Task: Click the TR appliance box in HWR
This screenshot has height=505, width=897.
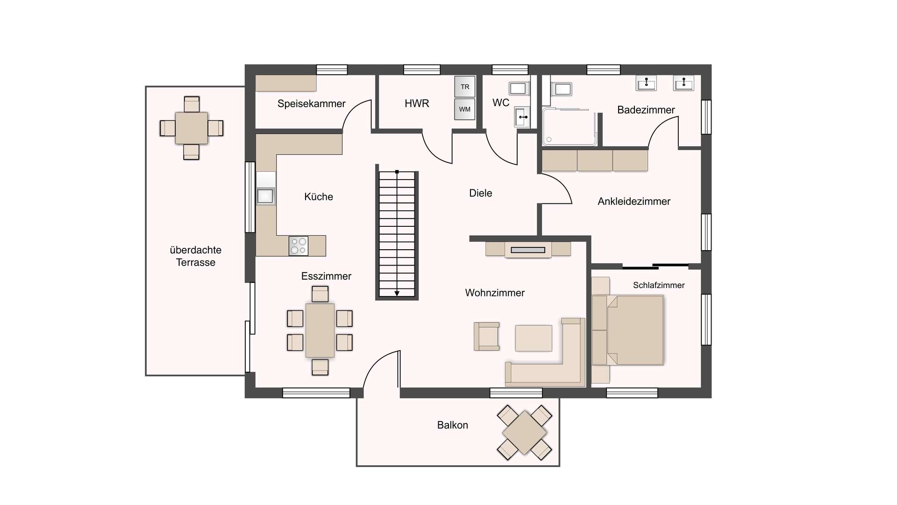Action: click(465, 87)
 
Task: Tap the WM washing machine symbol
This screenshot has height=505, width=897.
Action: click(465, 109)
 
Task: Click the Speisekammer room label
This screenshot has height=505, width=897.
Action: click(312, 104)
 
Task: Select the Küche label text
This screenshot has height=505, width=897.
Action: click(319, 196)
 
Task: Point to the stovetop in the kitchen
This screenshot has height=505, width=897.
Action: click(299, 246)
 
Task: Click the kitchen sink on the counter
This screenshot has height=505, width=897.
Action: click(265, 195)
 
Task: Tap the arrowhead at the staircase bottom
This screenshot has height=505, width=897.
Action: click(397, 293)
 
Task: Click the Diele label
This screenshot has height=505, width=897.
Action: click(481, 193)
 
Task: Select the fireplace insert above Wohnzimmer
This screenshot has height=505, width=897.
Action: click(528, 250)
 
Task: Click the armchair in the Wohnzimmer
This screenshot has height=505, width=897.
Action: click(487, 336)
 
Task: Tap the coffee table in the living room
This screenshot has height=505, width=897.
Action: click(534, 338)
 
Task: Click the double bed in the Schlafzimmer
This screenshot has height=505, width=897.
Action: click(628, 330)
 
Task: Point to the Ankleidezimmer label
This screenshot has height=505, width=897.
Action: click(634, 202)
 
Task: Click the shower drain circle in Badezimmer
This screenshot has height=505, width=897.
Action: click(549, 139)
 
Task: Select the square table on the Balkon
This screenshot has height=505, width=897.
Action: click(525, 433)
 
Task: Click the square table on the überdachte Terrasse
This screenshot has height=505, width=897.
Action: click(192, 128)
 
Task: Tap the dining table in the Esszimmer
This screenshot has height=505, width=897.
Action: click(320, 331)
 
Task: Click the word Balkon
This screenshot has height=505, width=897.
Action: click(453, 425)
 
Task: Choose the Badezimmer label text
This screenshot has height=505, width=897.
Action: click(646, 110)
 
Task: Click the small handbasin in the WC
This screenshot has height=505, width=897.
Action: click(522, 117)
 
